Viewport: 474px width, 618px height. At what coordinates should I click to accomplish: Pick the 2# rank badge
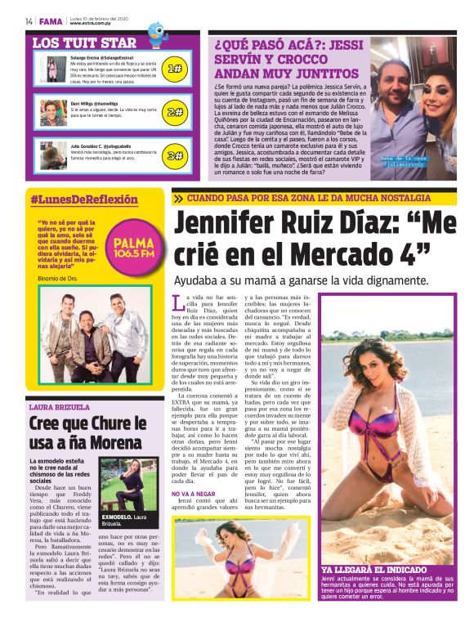tap(173, 112)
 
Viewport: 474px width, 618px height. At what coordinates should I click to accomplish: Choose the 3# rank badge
tap(173, 154)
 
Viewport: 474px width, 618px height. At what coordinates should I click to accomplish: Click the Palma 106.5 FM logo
tap(133, 246)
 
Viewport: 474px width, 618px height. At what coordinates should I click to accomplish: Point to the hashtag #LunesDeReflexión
tap(84, 199)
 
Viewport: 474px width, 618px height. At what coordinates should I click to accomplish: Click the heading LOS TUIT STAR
tap(83, 43)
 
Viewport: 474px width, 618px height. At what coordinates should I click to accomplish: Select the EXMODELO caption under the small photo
tap(123, 518)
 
